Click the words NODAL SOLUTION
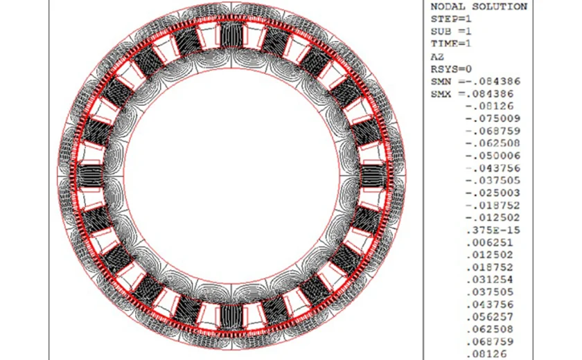pyautogui.click(x=479, y=7)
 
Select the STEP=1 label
pyautogui.click(x=451, y=19)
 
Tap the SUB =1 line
pyautogui.click(x=451, y=32)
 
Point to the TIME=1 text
pyautogui.click(x=451, y=44)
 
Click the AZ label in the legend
pyautogui.click(x=437, y=57)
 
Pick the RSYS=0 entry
pyautogui.click(x=451, y=69)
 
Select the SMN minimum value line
pyautogui.click(x=475, y=81)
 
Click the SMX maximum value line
pyautogui.click(x=472, y=93)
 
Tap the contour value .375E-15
pyautogui.click(x=493, y=231)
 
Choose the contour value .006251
pyautogui.click(x=490, y=243)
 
